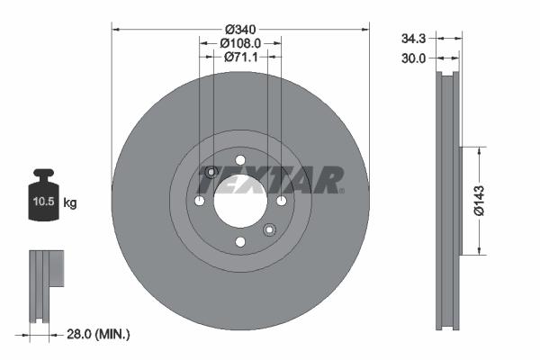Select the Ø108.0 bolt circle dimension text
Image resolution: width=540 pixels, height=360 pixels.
click(x=240, y=41)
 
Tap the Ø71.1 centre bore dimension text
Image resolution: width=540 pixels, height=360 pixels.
click(x=240, y=58)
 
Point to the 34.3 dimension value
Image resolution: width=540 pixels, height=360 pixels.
click(x=413, y=39)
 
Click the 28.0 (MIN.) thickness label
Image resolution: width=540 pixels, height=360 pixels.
click(x=99, y=334)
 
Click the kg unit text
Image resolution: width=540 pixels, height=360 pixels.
click(x=71, y=203)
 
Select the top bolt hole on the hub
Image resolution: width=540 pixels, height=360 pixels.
click(x=239, y=159)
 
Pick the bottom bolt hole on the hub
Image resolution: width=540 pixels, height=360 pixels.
click(x=239, y=241)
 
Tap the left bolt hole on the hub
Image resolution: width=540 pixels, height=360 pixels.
click(x=199, y=201)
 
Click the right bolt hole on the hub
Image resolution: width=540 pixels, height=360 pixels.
click(x=281, y=201)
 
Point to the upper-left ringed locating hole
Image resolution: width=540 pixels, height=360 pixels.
click(x=211, y=172)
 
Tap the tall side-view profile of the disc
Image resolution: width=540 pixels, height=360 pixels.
click(x=447, y=200)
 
